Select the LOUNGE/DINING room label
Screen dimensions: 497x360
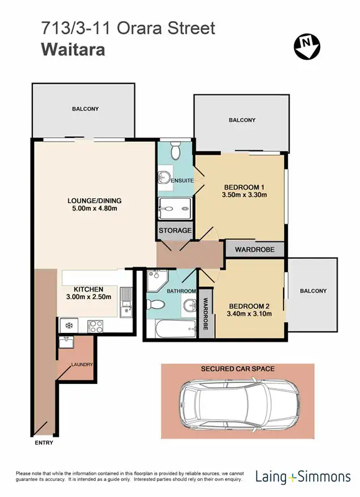95,201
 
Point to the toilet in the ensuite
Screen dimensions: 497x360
175,150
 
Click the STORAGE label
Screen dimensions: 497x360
175,230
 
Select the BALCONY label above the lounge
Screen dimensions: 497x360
85,109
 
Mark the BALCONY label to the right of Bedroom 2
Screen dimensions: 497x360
313,291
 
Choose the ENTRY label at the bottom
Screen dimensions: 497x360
44,443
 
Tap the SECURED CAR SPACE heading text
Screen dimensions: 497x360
238,369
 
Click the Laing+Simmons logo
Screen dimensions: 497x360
303,477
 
